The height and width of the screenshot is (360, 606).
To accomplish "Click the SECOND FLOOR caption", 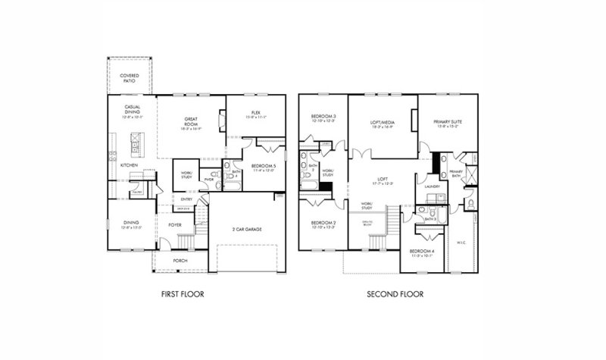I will pos(395,294).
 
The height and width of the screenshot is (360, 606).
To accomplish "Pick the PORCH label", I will pos(180,261).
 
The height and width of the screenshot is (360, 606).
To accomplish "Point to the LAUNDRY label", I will pos(433,186).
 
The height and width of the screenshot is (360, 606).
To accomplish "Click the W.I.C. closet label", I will pos(461,243).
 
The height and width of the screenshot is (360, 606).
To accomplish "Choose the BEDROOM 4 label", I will pos(422,252).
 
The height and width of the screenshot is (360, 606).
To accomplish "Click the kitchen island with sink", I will pos(136,142).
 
